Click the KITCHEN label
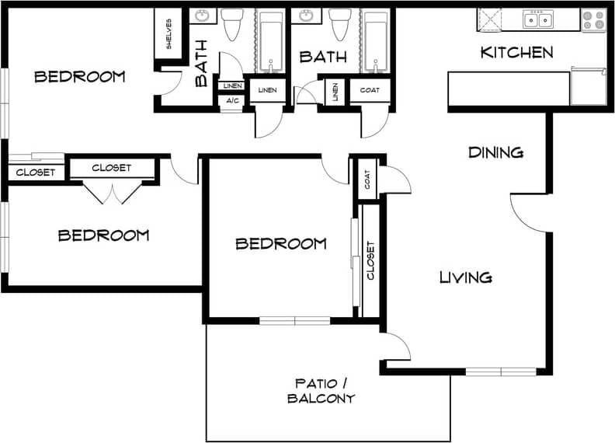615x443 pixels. (516, 53)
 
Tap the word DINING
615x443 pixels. (495, 152)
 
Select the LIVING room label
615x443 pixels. (465, 277)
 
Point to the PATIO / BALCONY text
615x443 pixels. (321, 391)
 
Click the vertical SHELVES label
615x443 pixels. (169, 33)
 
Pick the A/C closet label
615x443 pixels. (232, 100)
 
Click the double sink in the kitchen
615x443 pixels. (538, 19)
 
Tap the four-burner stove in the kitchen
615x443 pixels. (593, 19)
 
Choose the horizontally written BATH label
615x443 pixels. (322, 57)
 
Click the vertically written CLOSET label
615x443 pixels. (370, 260)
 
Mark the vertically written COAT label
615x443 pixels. (367, 179)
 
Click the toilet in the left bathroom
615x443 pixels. (233, 26)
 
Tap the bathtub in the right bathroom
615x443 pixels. (376, 40)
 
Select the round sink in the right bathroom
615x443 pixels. (306, 16)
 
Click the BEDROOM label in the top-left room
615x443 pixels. (80, 76)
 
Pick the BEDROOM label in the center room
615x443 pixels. (280, 244)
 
